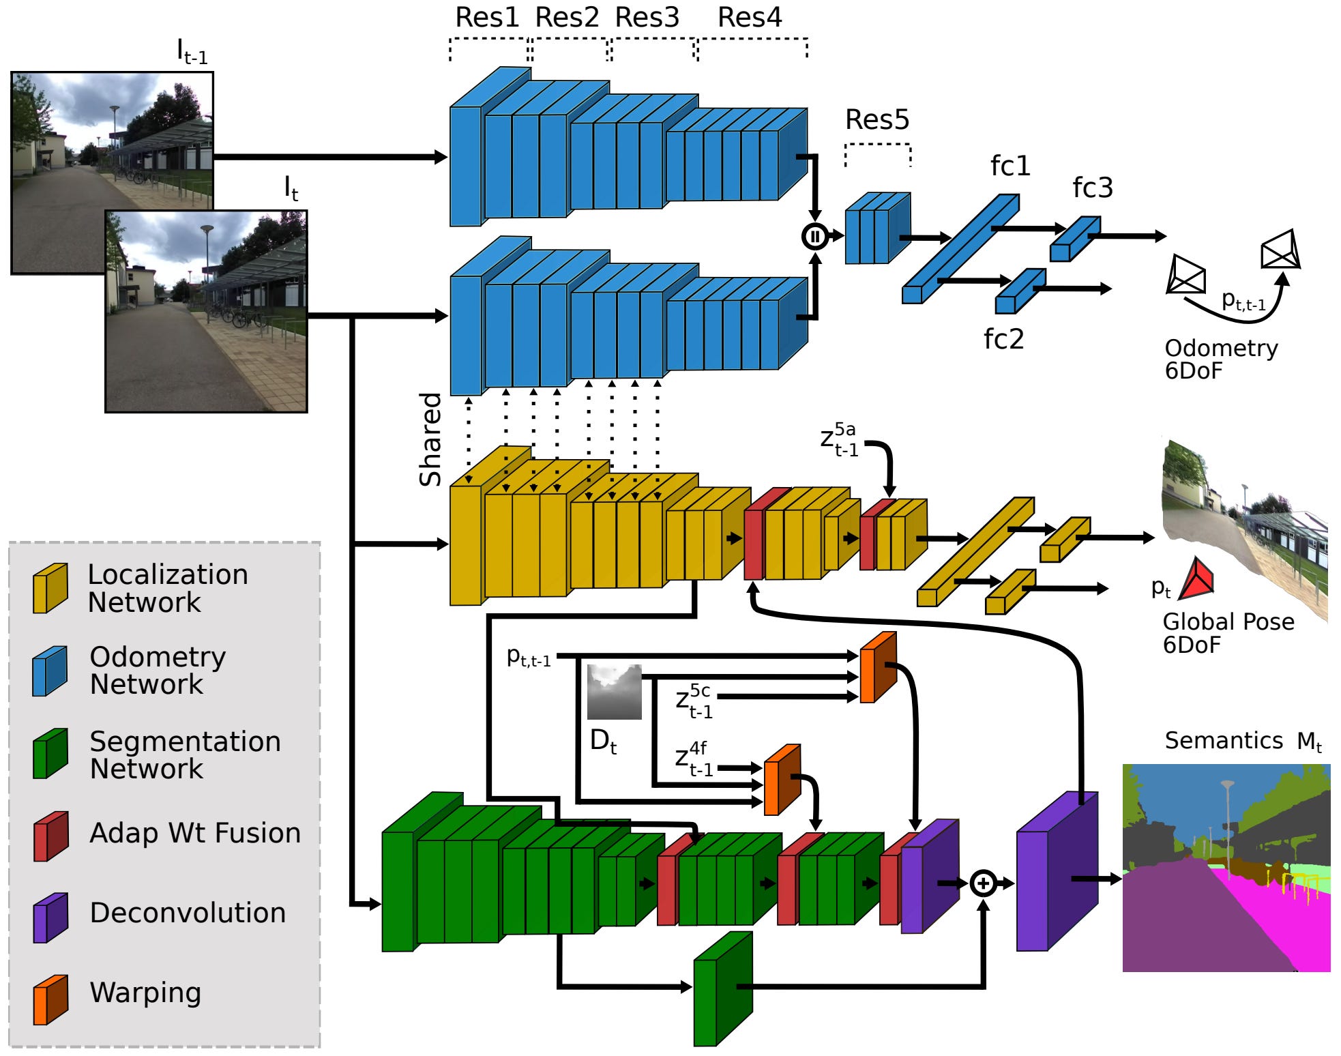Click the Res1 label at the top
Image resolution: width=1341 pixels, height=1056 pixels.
[x=486, y=18]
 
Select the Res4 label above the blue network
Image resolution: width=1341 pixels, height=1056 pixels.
[x=749, y=18]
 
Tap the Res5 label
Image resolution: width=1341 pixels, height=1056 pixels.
[x=876, y=120]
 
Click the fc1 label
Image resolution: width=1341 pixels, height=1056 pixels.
[x=1010, y=166]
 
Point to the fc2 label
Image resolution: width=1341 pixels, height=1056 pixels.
[x=1003, y=339]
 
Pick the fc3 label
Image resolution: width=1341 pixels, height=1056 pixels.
[x=1092, y=188]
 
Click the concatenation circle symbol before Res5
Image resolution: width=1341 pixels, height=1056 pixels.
[x=814, y=236]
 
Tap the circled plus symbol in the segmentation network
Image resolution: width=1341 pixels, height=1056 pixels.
[x=983, y=883]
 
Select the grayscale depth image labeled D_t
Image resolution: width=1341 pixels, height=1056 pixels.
[x=614, y=692]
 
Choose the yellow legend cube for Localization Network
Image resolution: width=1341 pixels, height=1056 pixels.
[x=50, y=588]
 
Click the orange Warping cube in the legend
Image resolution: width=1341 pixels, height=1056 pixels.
[x=50, y=999]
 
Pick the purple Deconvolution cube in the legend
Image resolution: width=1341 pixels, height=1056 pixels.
[x=50, y=918]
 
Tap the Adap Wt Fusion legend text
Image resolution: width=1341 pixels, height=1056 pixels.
[x=195, y=833]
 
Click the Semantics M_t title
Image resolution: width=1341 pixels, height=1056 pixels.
[x=1242, y=741]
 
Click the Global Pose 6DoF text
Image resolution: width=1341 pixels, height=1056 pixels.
[x=1227, y=632]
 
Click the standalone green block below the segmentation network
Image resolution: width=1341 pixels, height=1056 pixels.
[x=722, y=989]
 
